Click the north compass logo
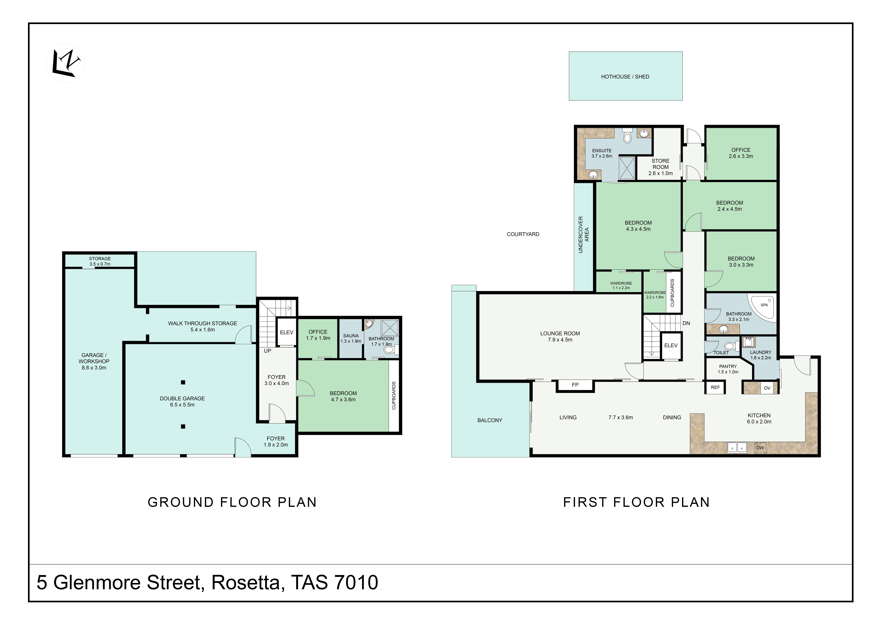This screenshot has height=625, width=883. click(65, 63)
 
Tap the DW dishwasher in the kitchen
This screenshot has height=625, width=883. click(760, 448)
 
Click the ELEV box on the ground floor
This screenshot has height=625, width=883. click(286, 332)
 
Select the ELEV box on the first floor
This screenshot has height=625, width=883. click(671, 346)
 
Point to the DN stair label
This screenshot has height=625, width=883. click(686, 323)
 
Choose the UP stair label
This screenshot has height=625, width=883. click(267, 351)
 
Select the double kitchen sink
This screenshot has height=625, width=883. click(737, 447)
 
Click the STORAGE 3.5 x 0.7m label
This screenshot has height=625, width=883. click(100, 261)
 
